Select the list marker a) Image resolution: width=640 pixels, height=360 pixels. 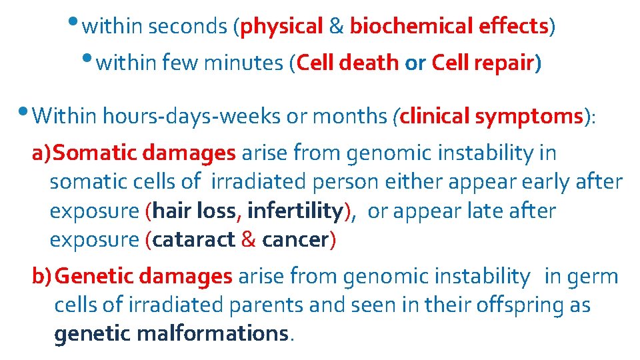point(41,153)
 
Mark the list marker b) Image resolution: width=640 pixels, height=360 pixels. point(42,276)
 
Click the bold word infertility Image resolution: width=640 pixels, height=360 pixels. point(293,211)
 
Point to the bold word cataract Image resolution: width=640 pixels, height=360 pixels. point(193,240)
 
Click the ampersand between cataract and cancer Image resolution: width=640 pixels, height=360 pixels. point(249,240)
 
